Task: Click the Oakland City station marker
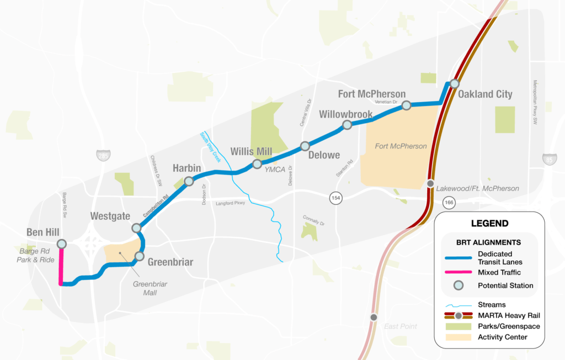point(455,83)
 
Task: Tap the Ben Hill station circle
point(61,243)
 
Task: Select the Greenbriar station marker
point(139,256)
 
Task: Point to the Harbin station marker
point(189,181)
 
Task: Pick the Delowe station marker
point(305,146)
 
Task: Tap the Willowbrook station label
point(345,114)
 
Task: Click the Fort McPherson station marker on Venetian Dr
point(406,105)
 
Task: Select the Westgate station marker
point(136,227)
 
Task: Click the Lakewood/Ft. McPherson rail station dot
point(430,183)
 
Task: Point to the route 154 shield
point(335,197)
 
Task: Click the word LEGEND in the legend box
point(489,224)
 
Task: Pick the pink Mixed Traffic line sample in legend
point(457,272)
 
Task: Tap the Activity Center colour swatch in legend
point(457,336)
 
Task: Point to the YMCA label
point(274,170)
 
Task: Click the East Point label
point(401,326)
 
